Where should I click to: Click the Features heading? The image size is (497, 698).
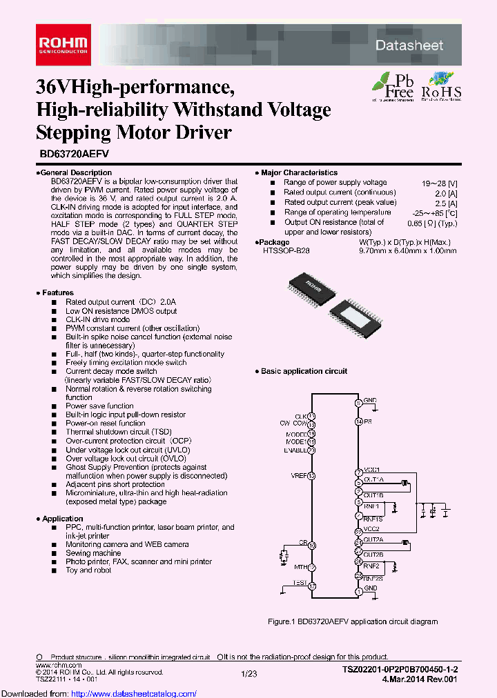point(57,292)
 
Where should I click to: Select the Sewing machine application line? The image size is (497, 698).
point(93,553)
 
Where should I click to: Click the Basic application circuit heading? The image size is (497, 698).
point(304,371)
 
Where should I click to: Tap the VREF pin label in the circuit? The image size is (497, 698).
point(298,476)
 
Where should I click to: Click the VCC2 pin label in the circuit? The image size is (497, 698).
point(372,529)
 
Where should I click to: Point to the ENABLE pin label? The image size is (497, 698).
point(295,450)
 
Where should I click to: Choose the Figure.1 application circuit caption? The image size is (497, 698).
point(352,621)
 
